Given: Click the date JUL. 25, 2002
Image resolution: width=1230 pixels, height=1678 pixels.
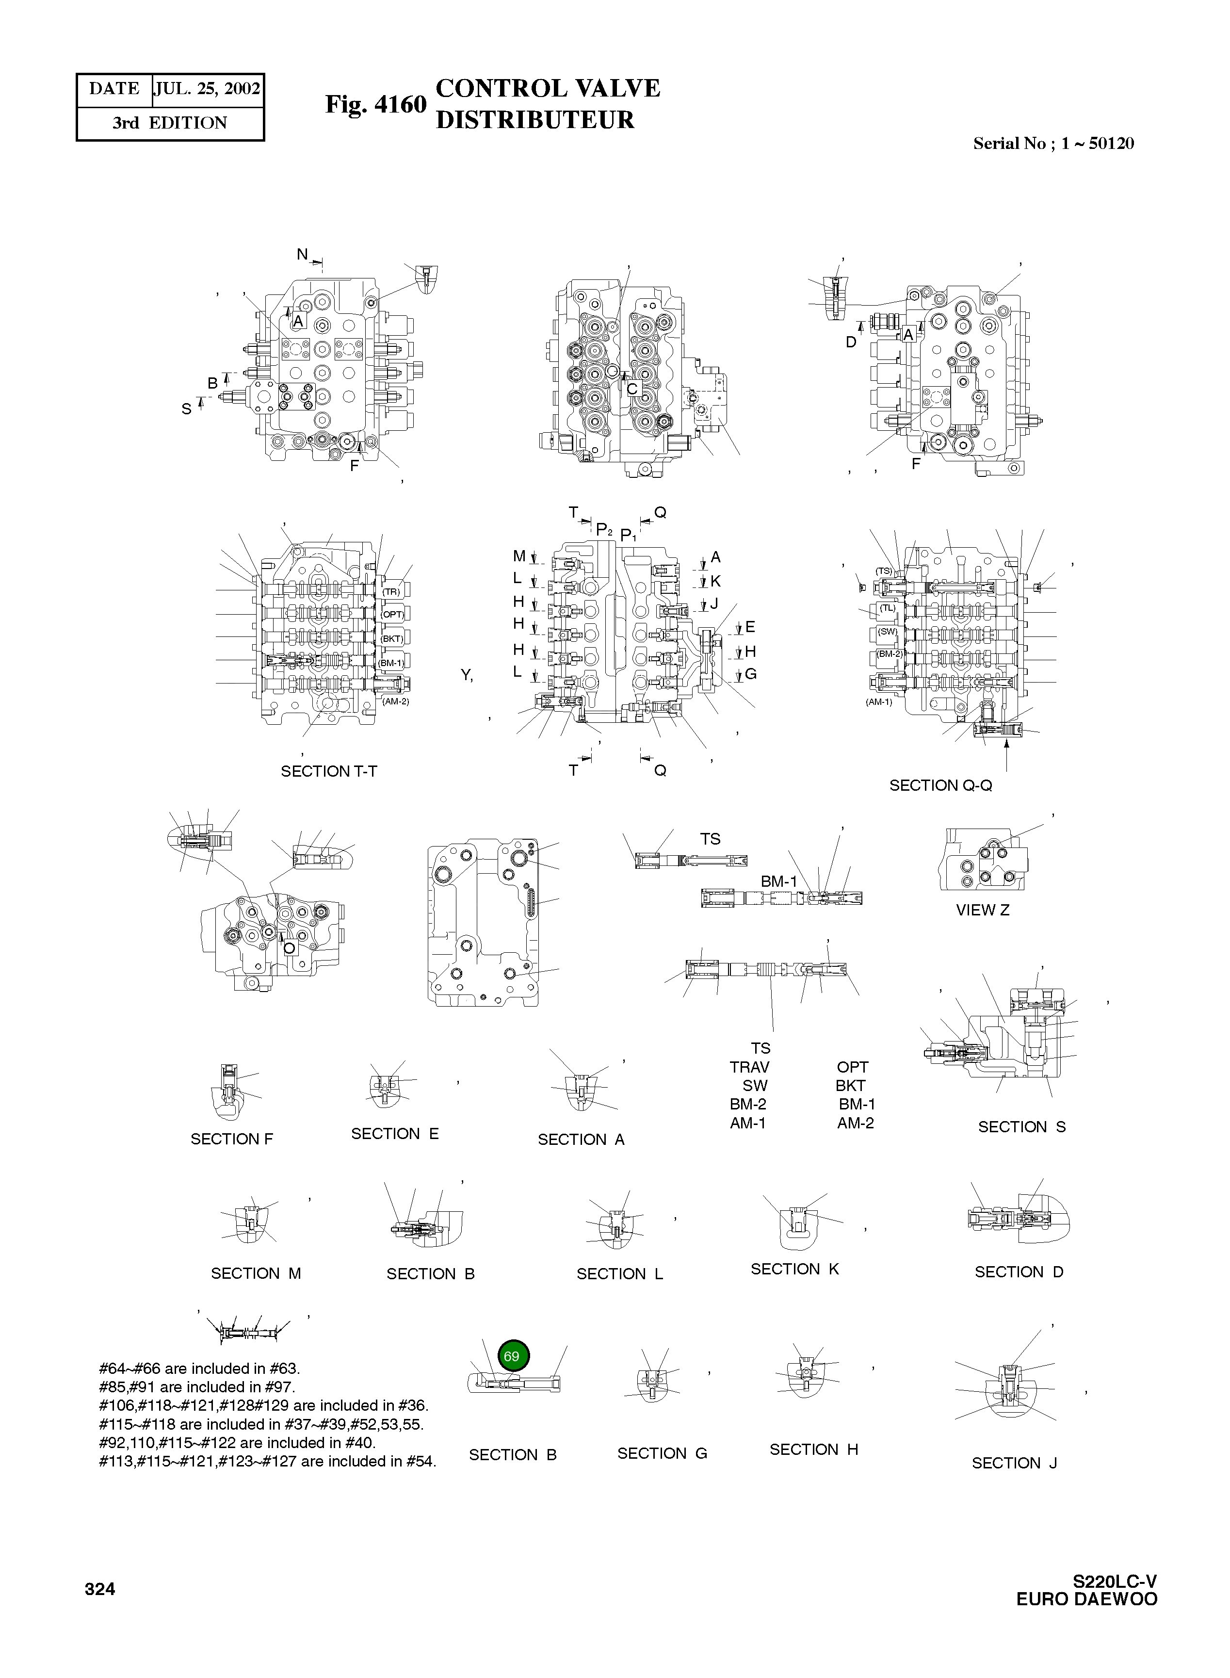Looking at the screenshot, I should [x=207, y=89].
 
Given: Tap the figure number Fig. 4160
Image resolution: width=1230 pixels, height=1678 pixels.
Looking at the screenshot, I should [x=375, y=105].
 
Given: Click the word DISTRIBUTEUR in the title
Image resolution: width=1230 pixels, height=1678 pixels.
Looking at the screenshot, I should [x=534, y=120].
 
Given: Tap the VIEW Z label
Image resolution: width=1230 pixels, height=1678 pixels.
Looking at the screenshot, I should [x=982, y=910].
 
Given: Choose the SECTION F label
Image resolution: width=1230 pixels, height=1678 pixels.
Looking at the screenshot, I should [x=231, y=1139].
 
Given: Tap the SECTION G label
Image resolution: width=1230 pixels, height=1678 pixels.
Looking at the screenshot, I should [x=662, y=1453].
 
